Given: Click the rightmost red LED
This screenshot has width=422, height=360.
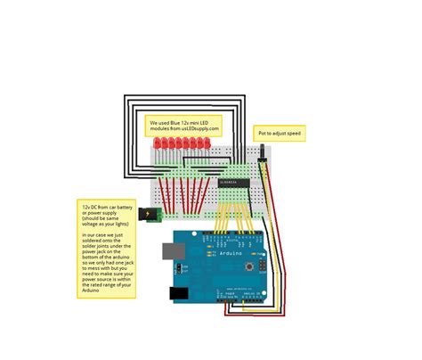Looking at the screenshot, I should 205,143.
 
